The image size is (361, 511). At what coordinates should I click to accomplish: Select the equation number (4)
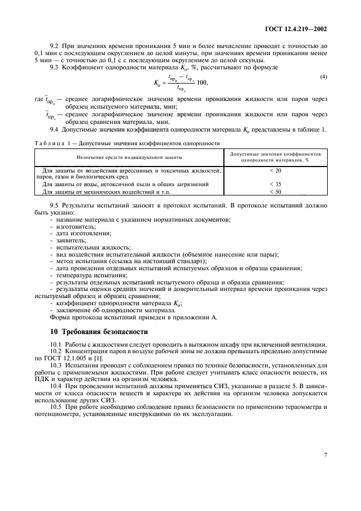(323, 77)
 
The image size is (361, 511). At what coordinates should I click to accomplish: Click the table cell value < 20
(275, 170)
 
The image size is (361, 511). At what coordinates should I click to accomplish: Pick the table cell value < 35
(275, 184)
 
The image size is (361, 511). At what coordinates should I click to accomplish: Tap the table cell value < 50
(275, 192)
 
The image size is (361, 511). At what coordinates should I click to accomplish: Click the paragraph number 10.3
(55, 364)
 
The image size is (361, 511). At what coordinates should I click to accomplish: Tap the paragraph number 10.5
(55, 407)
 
